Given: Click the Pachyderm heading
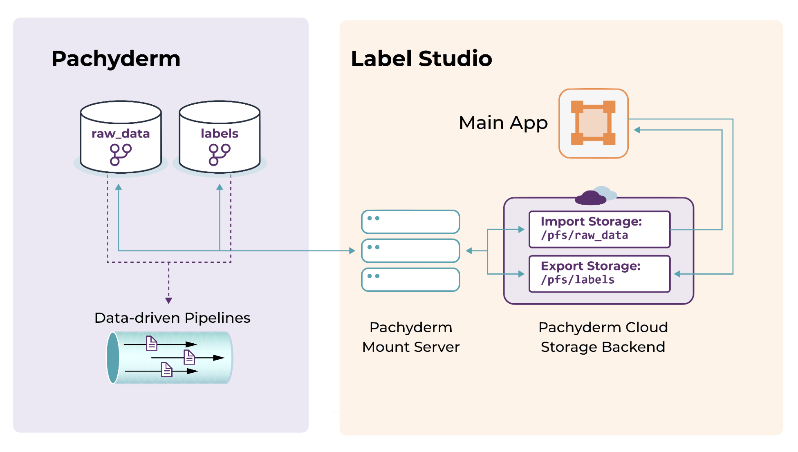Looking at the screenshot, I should tap(116, 59).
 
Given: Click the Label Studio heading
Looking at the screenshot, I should tap(421, 59).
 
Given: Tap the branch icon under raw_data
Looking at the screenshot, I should tap(121, 154).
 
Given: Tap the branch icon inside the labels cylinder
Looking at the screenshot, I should tap(220, 154).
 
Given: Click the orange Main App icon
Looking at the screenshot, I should tap(593, 123).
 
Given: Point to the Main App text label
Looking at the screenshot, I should tap(503, 123).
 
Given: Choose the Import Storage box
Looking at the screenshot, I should tap(599, 229).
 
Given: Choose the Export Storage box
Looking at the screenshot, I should tap(599, 274).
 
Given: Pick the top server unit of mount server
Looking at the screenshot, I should tap(410, 222).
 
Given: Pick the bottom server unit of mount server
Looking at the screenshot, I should tap(410, 280).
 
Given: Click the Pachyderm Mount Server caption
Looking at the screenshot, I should tap(411, 337).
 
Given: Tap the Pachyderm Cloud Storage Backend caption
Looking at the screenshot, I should tap(603, 337).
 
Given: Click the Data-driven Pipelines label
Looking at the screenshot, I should tap(172, 318).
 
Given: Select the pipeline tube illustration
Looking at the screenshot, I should tap(170, 358).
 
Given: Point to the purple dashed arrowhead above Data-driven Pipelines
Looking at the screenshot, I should tap(168, 300).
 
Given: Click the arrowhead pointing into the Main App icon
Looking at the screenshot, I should tap(637, 130).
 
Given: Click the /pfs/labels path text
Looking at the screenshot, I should tap(577, 280).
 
